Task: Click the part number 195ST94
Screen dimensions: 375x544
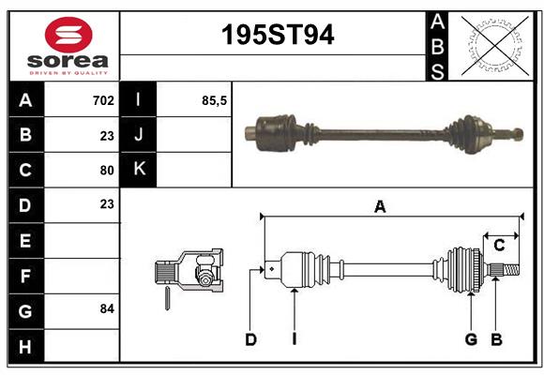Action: point(277,36)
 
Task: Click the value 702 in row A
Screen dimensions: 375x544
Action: point(103,99)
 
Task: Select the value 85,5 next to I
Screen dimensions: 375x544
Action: point(215,99)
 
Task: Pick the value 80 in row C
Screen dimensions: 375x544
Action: point(107,171)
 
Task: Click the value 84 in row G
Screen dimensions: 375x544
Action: point(107,308)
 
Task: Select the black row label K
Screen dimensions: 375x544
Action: point(139,170)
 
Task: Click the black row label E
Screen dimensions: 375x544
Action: point(25,241)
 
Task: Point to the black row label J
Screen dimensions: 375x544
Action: point(139,135)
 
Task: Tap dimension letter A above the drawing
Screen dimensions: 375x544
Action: point(380,207)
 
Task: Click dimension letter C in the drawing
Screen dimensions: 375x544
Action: point(499,246)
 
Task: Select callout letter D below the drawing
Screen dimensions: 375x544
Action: point(250,339)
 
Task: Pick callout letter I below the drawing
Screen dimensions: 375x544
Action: point(294,339)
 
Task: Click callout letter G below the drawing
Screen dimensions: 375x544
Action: point(471,339)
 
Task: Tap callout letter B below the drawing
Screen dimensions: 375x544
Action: point(496,339)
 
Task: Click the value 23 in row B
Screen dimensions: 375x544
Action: point(107,135)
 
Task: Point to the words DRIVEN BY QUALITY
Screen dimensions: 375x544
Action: point(68,71)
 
